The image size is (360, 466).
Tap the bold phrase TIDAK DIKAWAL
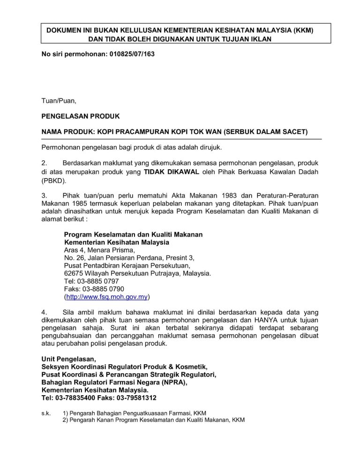coord(172,172)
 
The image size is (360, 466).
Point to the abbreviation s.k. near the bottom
coord(46,413)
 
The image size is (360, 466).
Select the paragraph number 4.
coord(44,312)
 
